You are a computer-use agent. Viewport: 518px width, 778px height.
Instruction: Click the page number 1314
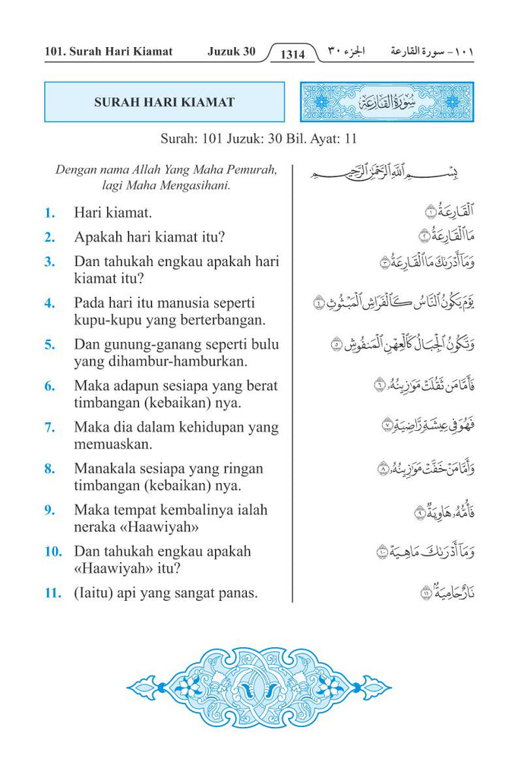[292, 54]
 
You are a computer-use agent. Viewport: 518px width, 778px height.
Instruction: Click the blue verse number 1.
[49, 213]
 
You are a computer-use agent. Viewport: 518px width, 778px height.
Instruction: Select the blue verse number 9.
[49, 511]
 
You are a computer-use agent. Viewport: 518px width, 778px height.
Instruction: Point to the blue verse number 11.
[52, 593]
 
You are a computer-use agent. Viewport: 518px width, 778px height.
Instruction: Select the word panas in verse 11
[238, 593]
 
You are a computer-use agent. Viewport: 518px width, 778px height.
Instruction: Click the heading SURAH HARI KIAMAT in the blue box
[164, 103]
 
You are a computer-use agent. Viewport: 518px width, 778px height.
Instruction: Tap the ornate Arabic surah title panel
[387, 103]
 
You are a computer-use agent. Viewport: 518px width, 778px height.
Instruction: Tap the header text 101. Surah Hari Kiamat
[109, 52]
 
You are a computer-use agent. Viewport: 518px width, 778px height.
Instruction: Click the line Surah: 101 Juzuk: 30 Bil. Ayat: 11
[259, 139]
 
